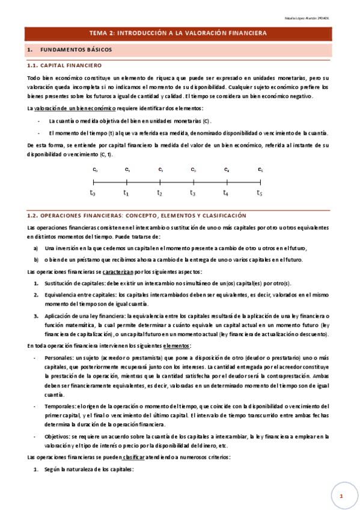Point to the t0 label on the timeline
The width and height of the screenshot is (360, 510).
93,193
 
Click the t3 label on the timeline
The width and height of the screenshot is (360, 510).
193,193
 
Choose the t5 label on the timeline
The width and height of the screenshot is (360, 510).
260,193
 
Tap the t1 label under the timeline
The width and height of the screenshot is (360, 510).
126,193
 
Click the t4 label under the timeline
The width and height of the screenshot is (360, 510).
226,193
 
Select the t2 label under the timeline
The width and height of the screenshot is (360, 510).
159,193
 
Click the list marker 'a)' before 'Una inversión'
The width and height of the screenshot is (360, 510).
36,248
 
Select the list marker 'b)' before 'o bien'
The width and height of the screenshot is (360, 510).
36,260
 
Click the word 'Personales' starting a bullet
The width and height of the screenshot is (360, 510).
58,357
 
